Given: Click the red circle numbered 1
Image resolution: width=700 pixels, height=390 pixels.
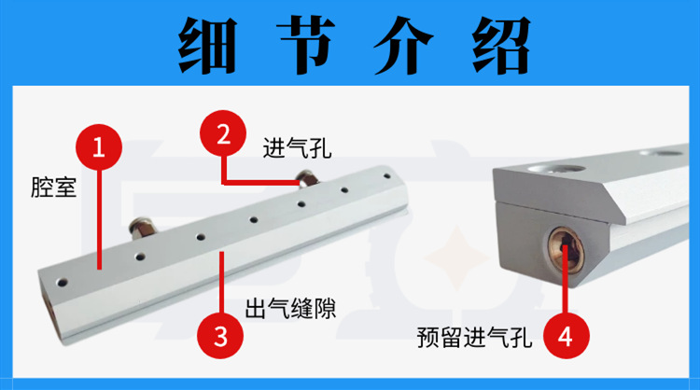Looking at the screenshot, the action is [99, 146].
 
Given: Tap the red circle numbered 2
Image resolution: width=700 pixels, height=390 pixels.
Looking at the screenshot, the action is [223, 133].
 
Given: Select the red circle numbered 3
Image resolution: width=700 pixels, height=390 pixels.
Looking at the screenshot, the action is [220, 336].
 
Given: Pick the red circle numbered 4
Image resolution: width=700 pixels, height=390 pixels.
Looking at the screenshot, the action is [567, 336].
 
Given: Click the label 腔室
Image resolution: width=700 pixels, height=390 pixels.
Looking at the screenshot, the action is [53, 188].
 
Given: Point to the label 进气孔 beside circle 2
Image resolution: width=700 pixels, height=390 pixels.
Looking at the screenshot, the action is [297, 148].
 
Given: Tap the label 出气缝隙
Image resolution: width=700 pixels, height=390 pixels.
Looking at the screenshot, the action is [290, 308].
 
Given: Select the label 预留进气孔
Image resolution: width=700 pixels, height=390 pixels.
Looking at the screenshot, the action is [474, 338].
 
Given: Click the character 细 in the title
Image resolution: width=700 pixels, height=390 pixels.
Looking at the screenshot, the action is [207, 46].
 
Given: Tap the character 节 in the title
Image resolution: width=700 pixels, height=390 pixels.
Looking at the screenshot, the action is [306, 46].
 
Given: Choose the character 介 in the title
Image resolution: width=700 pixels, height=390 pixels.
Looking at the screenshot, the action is [403, 46].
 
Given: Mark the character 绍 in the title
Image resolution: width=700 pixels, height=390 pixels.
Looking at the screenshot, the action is [501, 46].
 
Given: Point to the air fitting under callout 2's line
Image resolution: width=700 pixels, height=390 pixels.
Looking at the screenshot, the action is [307, 177].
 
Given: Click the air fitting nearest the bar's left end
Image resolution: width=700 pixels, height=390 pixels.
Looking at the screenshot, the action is [143, 226].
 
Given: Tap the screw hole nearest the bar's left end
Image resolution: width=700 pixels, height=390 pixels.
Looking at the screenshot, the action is [62, 282].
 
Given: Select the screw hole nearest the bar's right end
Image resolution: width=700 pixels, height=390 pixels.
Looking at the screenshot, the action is [387, 176].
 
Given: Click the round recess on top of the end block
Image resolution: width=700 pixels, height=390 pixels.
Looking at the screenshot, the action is [556, 169].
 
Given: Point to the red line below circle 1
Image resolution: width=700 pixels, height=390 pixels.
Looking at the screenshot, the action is [99, 219].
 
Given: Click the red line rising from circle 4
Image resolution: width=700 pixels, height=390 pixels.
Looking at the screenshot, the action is [566, 278].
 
